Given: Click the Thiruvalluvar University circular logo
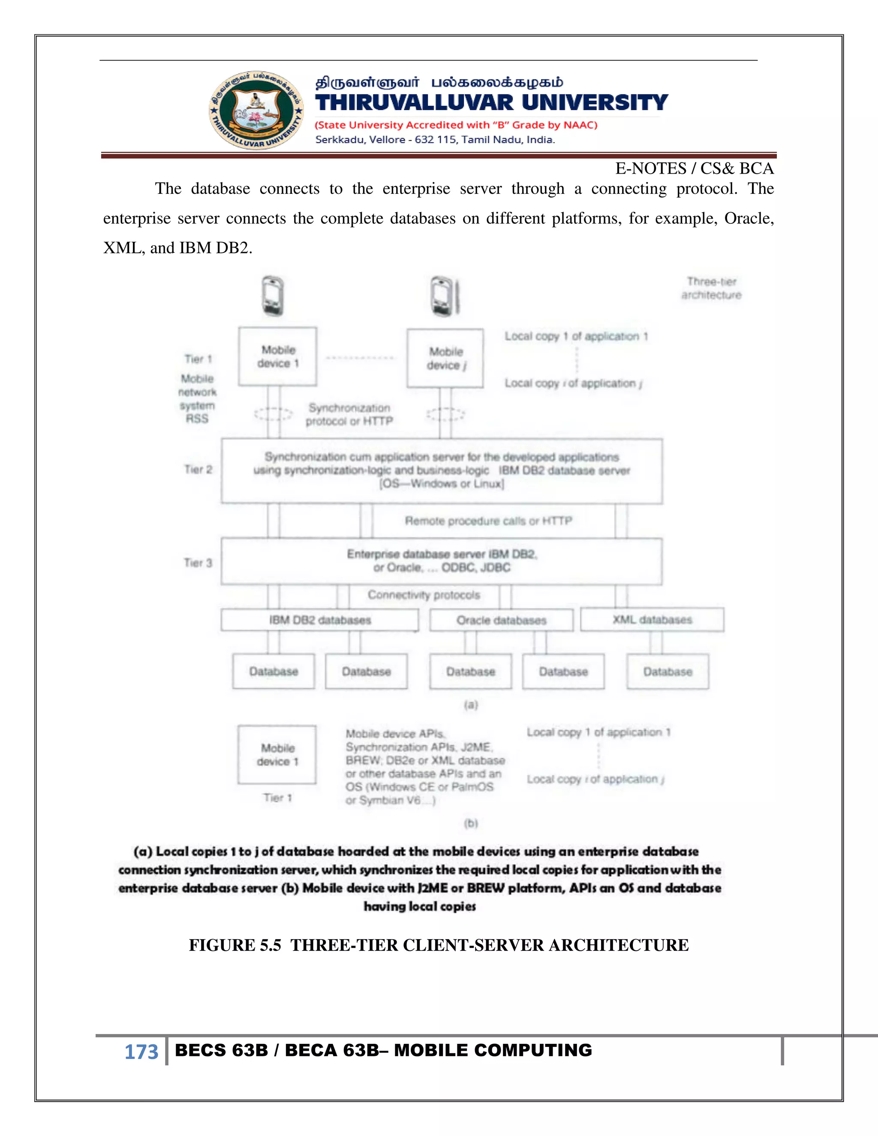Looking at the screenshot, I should [x=256, y=110].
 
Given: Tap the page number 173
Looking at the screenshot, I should [x=141, y=1051].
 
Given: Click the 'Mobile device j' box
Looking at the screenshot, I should [x=445, y=358].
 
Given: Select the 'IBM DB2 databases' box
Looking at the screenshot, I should [x=319, y=620].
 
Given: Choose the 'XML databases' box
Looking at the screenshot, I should [x=652, y=619].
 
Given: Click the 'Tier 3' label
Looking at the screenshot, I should [x=198, y=563].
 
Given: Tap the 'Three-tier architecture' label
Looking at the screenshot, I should [x=711, y=288].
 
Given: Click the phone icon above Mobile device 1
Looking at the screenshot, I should [x=273, y=296].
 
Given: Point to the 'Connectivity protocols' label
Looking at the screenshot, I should [x=424, y=595].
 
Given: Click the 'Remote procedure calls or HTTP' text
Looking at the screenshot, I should [x=488, y=521].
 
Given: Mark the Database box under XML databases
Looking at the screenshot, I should [x=668, y=671].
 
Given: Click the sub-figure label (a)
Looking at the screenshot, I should [x=471, y=705].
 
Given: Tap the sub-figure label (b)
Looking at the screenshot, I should [x=471, y=823].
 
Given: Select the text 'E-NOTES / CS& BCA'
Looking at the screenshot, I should [x=695, y=168].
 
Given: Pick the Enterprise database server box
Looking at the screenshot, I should [x=442, y=561].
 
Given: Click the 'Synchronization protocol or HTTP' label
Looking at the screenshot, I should [x=349, y=415].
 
